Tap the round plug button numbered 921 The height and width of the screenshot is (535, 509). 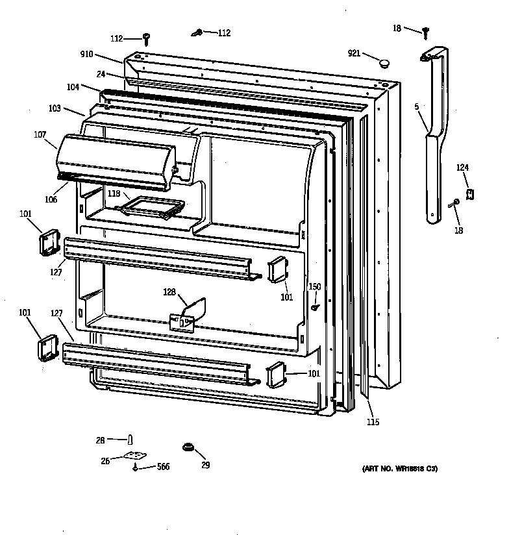click(384, 63)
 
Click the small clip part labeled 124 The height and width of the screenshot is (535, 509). click(469, 194)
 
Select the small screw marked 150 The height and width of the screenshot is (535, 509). click(314, 307)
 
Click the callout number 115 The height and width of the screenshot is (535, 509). click(372, 423)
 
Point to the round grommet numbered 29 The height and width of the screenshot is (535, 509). click(189, 447)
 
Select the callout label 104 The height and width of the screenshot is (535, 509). click(73, 86)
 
